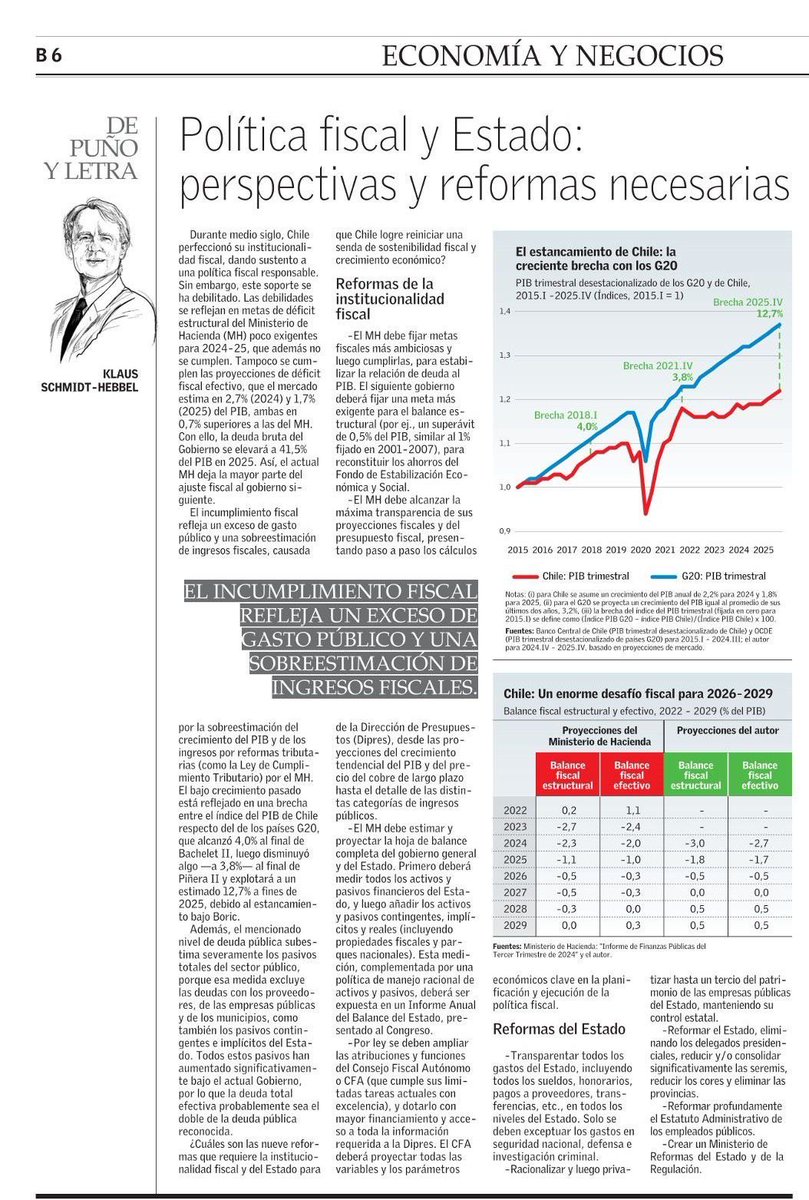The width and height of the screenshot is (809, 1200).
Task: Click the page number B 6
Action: click(49, 55)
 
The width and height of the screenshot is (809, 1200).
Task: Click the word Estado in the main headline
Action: click(499, 137)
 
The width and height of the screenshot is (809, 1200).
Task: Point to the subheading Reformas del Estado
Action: click(560, 1029)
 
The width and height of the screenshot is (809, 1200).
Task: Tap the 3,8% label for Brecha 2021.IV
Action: click(683, 378)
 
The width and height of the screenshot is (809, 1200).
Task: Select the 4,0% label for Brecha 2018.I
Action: click(586, 426)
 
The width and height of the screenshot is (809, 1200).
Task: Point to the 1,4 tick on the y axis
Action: click(503, 312)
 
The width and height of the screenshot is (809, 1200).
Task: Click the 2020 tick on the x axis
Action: click(640, 550)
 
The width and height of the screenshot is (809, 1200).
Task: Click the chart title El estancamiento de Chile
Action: click(596, 258)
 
